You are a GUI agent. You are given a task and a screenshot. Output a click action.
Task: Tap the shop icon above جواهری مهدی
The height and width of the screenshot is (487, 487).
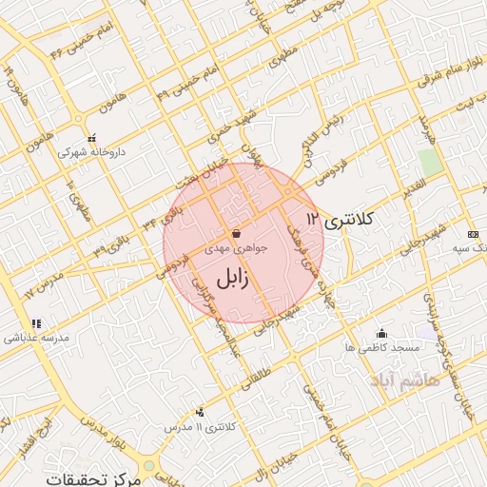236,234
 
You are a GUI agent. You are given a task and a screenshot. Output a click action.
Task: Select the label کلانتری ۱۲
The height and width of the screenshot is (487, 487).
341,221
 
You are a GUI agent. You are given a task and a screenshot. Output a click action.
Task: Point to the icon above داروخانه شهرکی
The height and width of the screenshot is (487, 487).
91,137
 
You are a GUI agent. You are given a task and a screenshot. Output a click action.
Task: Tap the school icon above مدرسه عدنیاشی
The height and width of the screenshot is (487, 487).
35,323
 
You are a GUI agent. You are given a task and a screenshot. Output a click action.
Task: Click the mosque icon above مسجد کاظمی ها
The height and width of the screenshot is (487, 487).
382,333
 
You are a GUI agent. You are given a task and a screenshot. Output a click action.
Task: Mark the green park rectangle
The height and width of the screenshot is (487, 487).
431,162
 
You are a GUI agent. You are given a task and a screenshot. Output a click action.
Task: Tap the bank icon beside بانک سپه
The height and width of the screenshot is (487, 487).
473,234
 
